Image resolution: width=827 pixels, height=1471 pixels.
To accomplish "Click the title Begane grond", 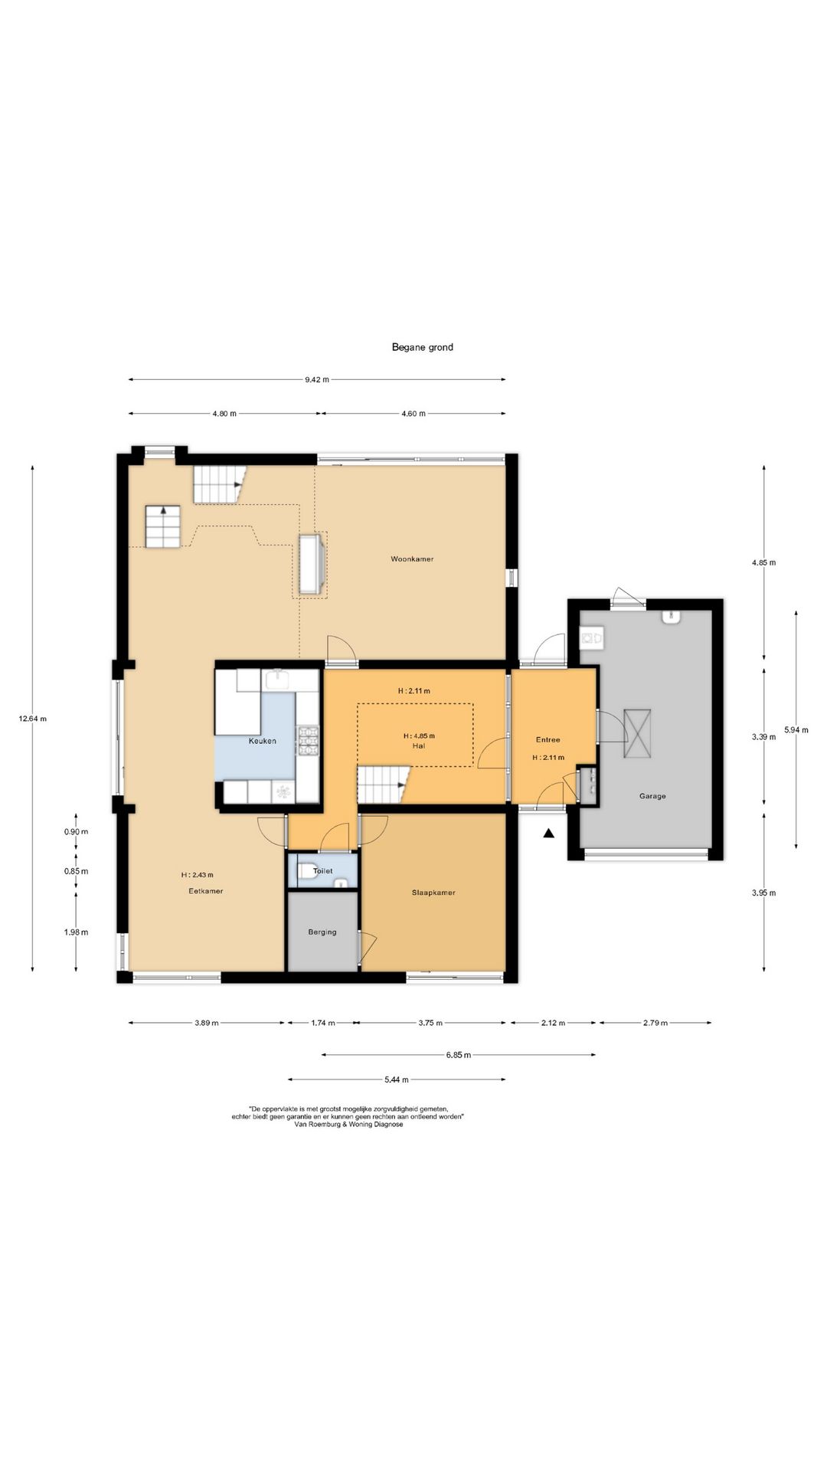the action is (422, 347).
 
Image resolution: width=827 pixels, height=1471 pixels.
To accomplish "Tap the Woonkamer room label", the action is (412, 559).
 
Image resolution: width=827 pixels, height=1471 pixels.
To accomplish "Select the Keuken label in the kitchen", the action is (262, 741).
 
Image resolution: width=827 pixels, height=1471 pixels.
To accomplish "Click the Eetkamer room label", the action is (206, 891).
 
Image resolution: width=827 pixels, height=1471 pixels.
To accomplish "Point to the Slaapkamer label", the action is (433, 893).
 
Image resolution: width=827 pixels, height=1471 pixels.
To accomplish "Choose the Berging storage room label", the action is (322, 932).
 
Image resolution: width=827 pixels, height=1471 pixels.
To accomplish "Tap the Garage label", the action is (652, 796).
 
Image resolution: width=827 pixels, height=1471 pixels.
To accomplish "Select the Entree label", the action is (548, 740).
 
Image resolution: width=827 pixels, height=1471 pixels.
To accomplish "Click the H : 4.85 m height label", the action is (419, 736).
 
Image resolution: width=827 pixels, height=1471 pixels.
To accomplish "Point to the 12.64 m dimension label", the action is (33, 719).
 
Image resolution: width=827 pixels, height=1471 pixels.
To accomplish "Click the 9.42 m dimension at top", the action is (316, 379).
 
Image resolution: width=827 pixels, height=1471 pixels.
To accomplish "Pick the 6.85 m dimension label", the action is (459, 1055).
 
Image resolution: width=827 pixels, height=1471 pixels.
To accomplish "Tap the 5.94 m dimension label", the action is (796, 730).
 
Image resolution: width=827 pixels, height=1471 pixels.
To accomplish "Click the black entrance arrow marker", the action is (548, 834).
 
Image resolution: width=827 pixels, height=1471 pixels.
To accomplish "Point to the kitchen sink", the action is (276, 679).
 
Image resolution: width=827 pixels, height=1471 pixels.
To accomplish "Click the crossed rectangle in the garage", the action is (637, 734).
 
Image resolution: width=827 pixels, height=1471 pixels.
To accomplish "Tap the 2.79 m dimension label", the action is (655, 1023).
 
